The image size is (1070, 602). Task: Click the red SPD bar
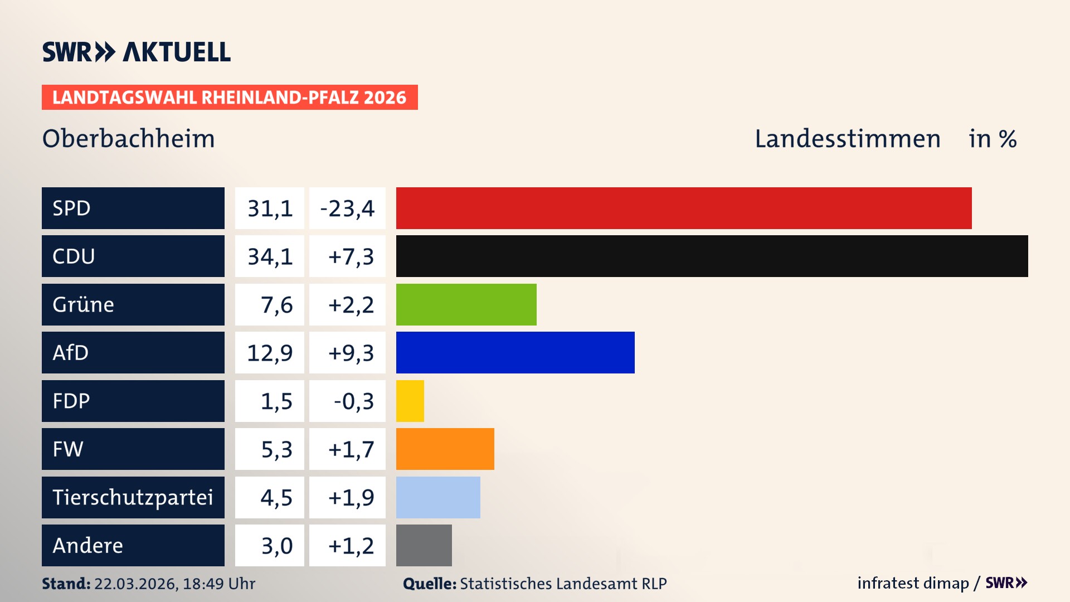click(x=684, y=208)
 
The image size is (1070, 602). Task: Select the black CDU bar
click(x=712, y=256)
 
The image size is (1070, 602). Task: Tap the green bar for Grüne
click(x=466, y=304)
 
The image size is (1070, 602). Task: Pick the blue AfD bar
click(x=515, y=352)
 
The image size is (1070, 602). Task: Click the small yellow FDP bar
click(x=410, y=401)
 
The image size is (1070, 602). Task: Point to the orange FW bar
click(x=445, y=449)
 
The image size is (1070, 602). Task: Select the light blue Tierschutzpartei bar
click(x=438, y=497)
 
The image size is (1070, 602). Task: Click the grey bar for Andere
click(x=424, y=545)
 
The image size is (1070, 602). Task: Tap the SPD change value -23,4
click(x=347, y=208)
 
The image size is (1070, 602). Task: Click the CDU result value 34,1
click(x=270, y=256)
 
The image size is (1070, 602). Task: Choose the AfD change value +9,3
click(x=351, y=353)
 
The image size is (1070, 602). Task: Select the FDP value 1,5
click(x=276, y=401)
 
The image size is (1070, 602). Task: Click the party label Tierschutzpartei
click(x=133, y=497)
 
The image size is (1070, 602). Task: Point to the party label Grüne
click(x=84, y=304)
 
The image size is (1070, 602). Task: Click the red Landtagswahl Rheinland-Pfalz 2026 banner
click(x=230, y=98)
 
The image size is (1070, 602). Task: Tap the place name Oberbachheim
click(x=128, y=139)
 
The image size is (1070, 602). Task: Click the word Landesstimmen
click(x=847, y=139)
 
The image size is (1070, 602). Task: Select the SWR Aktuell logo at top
click(x=137, y=52)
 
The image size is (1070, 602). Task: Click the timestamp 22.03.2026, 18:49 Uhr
click(x=174, y=584)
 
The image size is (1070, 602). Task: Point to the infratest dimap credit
click(x=912, y=583)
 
